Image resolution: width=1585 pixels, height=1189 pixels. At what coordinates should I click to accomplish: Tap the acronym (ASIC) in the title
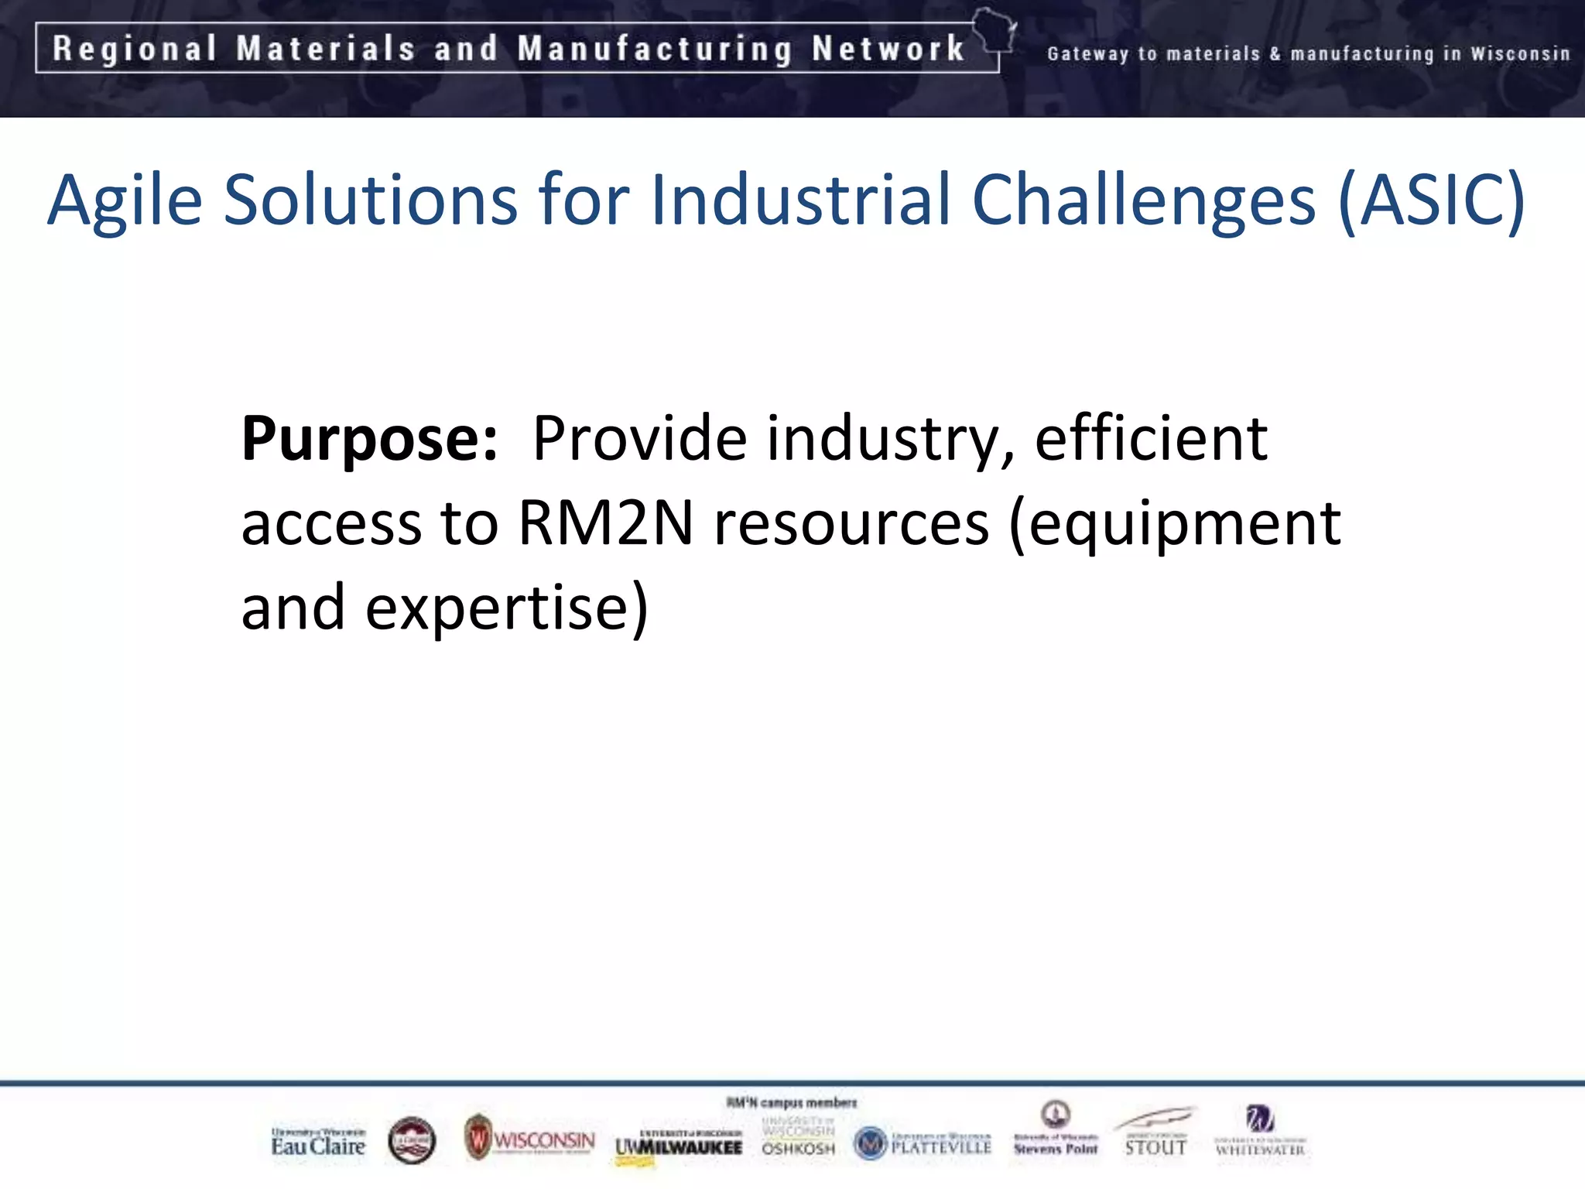1431,200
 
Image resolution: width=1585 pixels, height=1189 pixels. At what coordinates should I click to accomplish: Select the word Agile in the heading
125,200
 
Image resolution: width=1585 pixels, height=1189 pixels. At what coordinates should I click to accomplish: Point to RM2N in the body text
605,524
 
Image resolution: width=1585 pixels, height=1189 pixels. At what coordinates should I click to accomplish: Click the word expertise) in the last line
506,608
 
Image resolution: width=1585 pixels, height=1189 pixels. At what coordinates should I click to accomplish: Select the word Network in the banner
888,49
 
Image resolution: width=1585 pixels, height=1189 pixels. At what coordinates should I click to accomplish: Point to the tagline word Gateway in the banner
1087,53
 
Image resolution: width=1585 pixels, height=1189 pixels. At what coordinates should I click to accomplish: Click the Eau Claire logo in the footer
317,1142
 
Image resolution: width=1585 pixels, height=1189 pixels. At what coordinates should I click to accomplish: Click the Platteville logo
923,1143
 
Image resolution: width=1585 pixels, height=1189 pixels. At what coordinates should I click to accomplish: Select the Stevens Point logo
1056,1130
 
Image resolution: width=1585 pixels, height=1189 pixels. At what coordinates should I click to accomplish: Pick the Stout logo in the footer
1155,1132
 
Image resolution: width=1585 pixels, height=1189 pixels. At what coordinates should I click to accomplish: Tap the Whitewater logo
1259,1132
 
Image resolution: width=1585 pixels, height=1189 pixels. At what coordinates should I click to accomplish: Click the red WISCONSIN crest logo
530,1138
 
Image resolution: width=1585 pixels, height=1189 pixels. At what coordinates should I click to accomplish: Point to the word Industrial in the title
800,200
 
